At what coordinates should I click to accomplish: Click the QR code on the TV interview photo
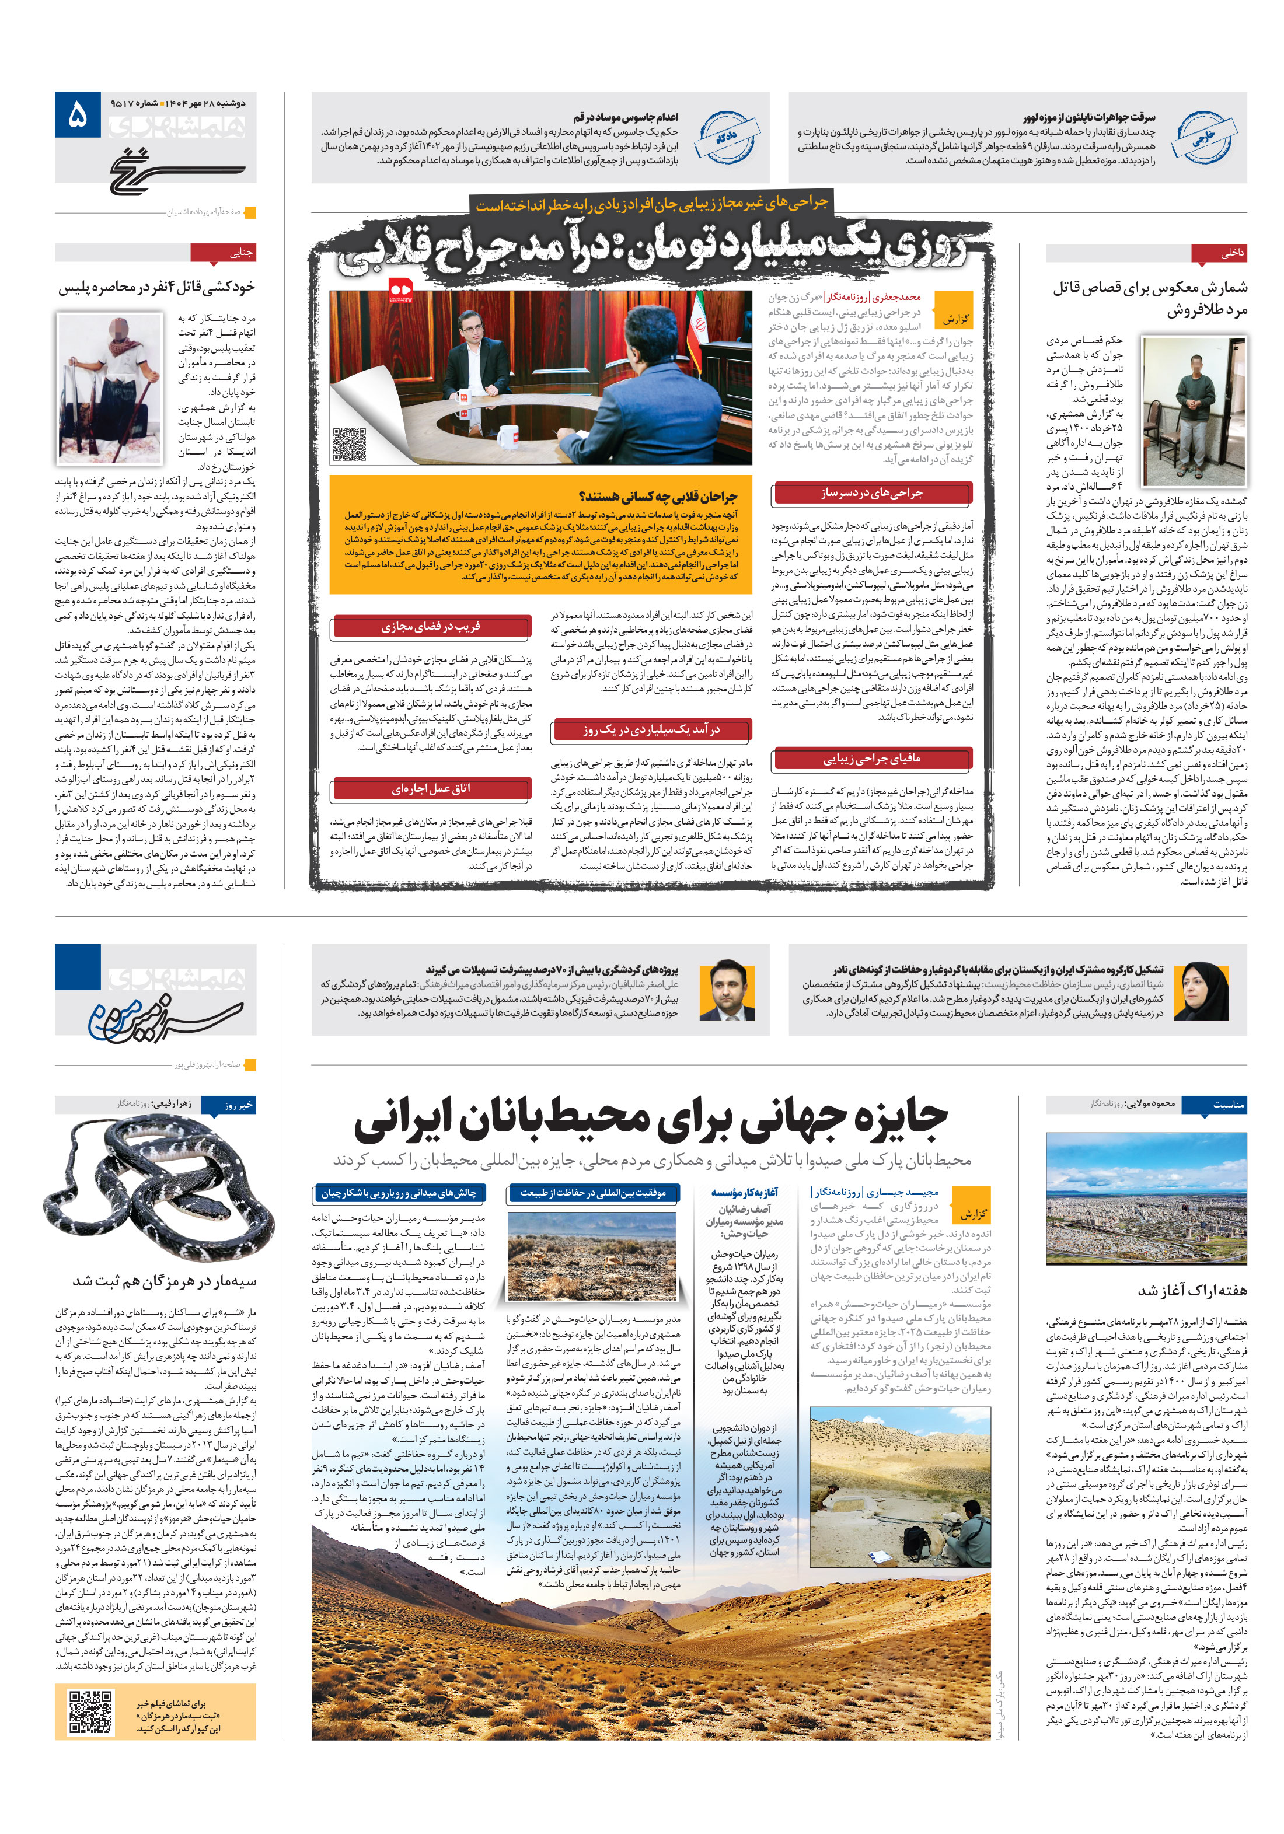[349, 444]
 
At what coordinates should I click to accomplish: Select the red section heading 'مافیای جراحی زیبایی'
[872, 759]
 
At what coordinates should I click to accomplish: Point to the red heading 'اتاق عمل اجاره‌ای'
[431, 789]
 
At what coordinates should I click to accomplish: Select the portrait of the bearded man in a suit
[728, 990]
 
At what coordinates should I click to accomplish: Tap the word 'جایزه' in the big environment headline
[895, 1118]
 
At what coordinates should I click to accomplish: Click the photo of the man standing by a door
[1193, 411]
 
